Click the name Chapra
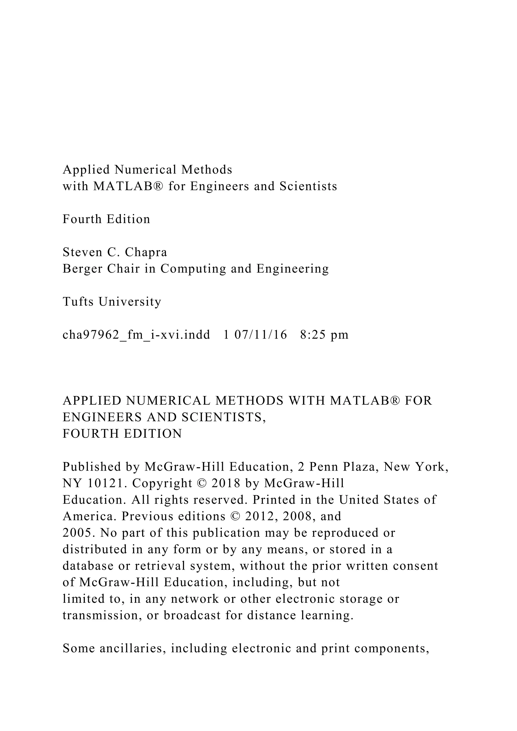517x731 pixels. coord(146,252)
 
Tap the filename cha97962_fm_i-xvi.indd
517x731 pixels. coord(136,335)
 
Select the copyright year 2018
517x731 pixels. coord(226,483)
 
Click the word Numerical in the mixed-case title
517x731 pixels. coord(145,170)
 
